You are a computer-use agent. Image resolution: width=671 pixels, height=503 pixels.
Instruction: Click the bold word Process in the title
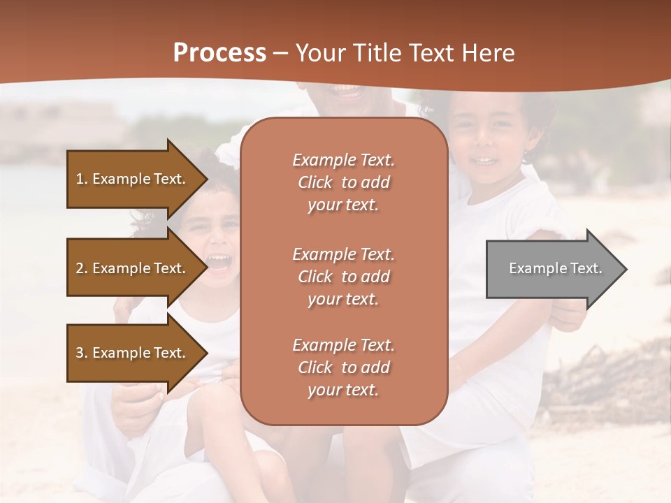[219, 53]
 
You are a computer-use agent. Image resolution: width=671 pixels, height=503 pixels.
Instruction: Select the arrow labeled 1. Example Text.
[133, 179]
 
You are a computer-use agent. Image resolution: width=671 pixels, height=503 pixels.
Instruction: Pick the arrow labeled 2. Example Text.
[133, 268]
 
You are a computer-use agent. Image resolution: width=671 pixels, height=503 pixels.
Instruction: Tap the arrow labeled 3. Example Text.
[133, 353]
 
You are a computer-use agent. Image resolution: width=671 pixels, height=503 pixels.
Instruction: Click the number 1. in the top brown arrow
[82, 179]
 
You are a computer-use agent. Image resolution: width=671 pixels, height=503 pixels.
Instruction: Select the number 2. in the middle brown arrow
[82, 268]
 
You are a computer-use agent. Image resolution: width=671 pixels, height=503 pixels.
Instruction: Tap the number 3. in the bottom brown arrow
[82, 353]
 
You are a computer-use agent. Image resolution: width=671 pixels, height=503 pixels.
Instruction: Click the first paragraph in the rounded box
[343, 182]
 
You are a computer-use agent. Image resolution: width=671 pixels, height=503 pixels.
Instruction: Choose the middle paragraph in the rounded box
[343, 277]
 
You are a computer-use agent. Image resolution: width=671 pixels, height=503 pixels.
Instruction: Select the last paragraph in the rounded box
[343, 367]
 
